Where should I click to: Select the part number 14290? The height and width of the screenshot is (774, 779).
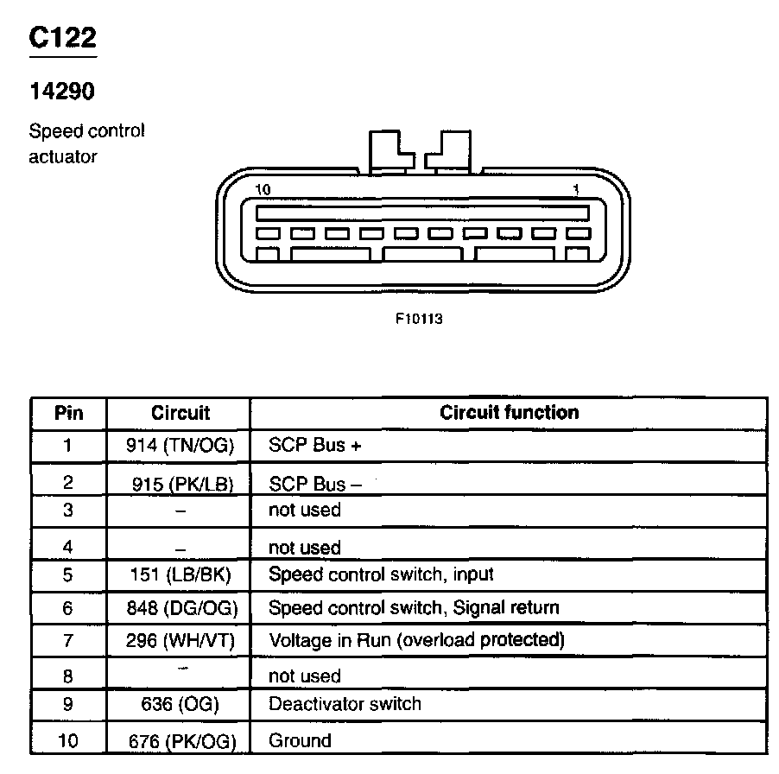click(x=61, y=91)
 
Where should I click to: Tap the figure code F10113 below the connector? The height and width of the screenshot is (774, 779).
click(x=419, y=318)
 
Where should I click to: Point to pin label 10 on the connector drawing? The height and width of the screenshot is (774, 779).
click(x=263, y=189)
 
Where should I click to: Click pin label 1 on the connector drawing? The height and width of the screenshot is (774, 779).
click(x=576, y=189)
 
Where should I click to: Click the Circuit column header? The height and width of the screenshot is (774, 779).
click(x=180, y=413)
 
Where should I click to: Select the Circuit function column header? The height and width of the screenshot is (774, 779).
click(x=509, y=412)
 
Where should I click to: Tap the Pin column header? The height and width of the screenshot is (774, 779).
click(x=69, y=413)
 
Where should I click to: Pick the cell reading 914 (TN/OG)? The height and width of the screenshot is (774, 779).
click(x=180, y=446)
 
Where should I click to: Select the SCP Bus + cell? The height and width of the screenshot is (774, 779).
click(x=314, y=446)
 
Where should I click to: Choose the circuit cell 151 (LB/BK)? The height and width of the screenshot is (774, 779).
click(x=180, y=574)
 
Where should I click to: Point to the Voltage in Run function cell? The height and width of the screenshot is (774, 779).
click(x=416, y=640)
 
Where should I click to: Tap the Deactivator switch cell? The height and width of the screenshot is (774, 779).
click(x=345, y=703)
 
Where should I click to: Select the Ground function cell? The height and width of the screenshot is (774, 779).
click(x=300, y=740)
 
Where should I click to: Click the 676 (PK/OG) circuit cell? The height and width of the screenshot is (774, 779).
click(x=180, y=740)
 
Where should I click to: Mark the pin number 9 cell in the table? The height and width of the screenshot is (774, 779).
click(x=69, y=704)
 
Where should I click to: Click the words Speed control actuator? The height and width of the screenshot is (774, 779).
click(x=86, y=143)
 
